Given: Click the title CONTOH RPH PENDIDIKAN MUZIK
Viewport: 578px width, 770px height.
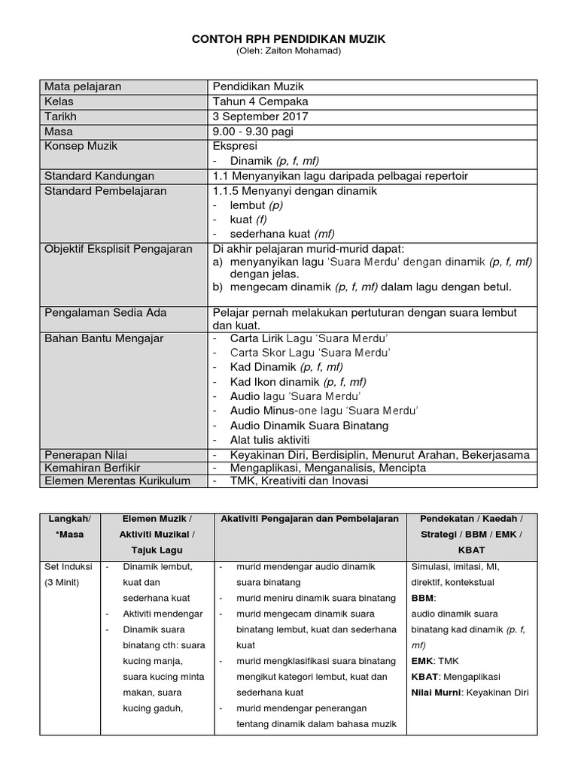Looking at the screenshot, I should pyautogui.click(x=289, y=39).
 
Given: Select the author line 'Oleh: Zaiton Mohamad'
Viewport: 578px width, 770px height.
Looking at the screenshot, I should pyautogui.click(x=289, y=51).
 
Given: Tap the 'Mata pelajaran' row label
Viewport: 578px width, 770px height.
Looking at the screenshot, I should pyautogui.click(x=83, y=86).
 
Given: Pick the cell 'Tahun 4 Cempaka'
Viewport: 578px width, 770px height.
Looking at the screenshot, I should pyautogui.click(x=260, y=102).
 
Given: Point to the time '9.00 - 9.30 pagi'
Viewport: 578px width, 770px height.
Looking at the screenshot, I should pyautogui.click(x=253, y=132).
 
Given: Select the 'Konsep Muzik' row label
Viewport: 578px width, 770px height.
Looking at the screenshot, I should pyautogui.click(x=81, y=146).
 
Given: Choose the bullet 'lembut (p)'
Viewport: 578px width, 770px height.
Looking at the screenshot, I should pyautogui.click(x=257, y=205).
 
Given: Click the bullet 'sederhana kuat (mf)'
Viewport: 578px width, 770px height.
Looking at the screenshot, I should pyautogui.click(x=282, y=234).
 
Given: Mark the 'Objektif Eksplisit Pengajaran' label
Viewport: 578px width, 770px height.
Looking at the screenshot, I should pyautogui.click(x=119, y=249).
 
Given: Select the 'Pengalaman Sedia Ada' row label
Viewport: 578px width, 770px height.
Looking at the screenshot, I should pyautogui.click(x=105, y=311).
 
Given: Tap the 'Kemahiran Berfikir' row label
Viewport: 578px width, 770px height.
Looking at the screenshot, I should pyautogui.click(x=93, y=468).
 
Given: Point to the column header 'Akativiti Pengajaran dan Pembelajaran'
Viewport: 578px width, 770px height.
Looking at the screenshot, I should pyautogui.click(x=309, y=519).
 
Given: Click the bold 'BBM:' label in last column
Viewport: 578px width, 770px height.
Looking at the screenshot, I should pyautogui.click(x=423, y=599).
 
